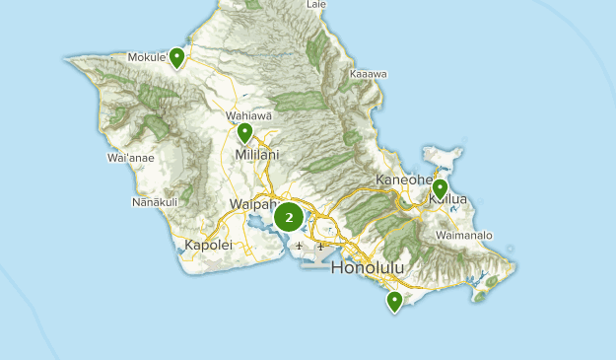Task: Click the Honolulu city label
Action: click(x=370, y=268)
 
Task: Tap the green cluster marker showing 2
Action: click(x=288, y=216)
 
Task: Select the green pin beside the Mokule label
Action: click(x=176, y=58)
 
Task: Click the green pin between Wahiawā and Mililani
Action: click(x=244, y=132)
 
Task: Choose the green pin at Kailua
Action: click(x=440, y=187)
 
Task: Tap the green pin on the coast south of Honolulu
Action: click(x=394, y=301)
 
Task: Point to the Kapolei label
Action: click(x=208, y=244)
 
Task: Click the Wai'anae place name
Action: click(x=129, y=158)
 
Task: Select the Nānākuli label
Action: click(x=155, y=203)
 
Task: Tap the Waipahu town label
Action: click(x=252, y=204)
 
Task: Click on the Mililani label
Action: click(x=257, y=155)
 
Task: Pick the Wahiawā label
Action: click(x=248, y=115)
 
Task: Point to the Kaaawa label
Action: click(x=368, y=74)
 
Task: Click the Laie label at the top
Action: click(x=316, y=5)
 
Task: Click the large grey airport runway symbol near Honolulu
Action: click(x=317, y=260)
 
